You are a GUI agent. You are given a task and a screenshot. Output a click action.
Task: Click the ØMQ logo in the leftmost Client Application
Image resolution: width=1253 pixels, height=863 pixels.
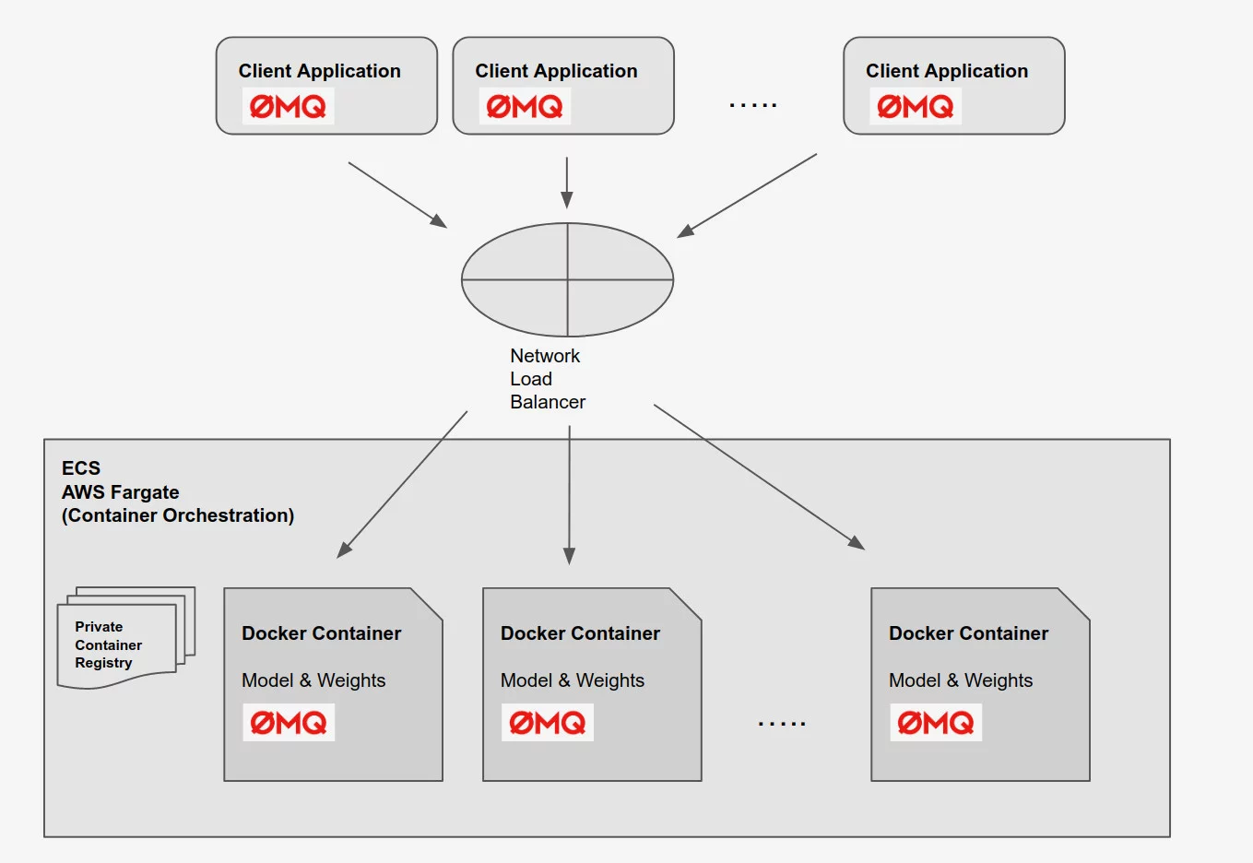point(288,106)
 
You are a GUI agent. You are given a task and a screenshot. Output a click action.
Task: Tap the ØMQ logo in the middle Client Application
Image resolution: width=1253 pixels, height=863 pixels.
point(525,106)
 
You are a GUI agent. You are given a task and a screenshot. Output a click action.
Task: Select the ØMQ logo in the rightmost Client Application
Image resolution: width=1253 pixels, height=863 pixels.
point(916,106)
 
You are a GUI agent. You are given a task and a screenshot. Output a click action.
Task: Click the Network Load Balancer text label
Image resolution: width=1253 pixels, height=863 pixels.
point(548,379)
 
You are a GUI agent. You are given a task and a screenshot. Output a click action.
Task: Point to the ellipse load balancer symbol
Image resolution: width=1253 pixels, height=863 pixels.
point(567,279)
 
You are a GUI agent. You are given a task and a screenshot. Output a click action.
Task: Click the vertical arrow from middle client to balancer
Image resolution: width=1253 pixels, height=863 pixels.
point(567,183)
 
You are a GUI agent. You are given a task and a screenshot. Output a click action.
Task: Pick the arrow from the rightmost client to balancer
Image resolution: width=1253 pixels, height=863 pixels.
point(747,195)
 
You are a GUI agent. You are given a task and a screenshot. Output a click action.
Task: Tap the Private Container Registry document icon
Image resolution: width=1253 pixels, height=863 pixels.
point(126,638)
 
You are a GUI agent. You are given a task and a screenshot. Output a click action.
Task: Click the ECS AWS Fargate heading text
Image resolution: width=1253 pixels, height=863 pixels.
point(178,491)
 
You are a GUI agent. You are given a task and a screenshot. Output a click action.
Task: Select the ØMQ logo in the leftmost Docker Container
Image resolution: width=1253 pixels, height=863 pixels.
point(289,723)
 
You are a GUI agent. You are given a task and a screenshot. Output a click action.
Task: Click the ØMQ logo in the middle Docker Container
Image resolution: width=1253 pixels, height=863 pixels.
point(548,723)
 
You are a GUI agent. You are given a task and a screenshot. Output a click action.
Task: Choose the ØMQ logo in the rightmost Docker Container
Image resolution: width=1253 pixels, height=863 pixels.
point(936,723)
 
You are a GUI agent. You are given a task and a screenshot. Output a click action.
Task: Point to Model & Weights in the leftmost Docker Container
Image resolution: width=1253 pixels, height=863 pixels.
point(313,680)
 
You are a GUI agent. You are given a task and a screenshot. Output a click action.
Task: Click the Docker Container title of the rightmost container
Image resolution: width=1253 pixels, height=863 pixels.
point(968,633)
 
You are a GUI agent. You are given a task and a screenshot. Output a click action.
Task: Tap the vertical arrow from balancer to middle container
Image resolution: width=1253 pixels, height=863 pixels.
point(570,495)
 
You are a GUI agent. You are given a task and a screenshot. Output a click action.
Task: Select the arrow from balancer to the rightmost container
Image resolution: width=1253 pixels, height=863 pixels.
point(760,477)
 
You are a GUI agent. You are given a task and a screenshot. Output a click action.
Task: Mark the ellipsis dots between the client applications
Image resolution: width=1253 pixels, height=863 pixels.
point(753,104)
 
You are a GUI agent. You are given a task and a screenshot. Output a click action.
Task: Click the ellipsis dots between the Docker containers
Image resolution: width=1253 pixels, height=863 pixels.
point(782,724)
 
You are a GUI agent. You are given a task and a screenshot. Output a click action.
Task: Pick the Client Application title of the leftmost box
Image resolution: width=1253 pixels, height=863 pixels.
point(319,71)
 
